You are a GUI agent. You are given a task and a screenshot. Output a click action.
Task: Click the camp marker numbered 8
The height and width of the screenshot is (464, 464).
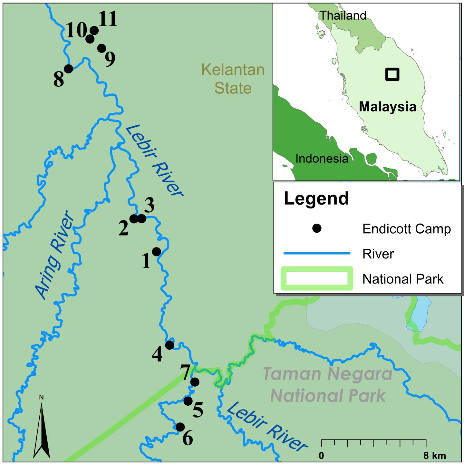[x=68, y=69]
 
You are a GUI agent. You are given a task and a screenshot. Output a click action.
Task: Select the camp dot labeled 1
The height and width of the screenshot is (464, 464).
[x=156, y=252]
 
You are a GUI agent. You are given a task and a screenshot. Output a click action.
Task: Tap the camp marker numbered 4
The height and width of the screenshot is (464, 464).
[x=169, y=345]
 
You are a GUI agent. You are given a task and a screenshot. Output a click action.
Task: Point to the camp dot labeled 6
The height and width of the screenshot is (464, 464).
[x=180, y=427]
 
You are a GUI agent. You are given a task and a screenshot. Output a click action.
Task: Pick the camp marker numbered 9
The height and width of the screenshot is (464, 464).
[x=101, y=48]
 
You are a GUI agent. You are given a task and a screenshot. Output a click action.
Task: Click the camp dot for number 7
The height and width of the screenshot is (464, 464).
[x=195, y=382]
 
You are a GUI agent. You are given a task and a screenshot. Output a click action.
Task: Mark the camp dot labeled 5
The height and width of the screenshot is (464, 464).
[x=188, y=401]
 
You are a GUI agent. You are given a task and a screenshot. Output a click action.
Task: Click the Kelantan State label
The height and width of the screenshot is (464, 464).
[x=233, y=79]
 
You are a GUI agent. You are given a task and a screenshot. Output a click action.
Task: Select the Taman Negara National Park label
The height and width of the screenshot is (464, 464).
[x=328, y=384]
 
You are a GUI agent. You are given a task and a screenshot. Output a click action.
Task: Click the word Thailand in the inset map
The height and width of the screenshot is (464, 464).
[x=343, y=15]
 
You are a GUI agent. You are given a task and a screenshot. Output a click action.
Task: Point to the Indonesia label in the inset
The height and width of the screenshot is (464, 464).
[x=322, y=159]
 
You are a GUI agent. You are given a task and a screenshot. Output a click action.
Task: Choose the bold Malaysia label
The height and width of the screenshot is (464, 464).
[x=388, y=107]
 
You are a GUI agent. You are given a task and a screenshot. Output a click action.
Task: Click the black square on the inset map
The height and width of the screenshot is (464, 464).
[x=392, y=74]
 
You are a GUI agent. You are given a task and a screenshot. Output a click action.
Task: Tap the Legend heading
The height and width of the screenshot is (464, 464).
[x=316, y=198]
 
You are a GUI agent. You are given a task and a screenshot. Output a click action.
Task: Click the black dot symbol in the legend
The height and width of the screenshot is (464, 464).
[x=317, y=229]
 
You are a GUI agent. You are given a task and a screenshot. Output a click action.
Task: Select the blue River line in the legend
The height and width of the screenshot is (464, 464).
[x=316, y=254]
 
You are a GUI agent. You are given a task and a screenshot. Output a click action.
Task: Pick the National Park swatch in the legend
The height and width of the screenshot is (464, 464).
[x=316, y=278]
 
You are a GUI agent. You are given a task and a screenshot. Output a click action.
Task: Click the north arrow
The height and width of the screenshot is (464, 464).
[x=42, y=429]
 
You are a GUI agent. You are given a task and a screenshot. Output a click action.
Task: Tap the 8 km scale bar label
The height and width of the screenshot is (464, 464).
[x=434, y=456]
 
